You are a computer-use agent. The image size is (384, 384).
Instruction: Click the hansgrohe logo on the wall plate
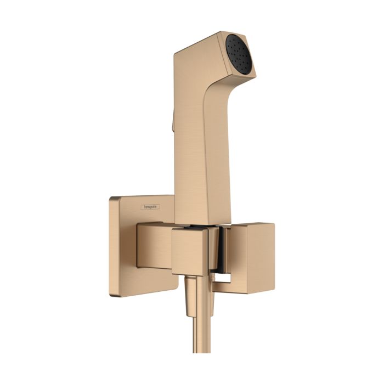[x=150, y=206]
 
